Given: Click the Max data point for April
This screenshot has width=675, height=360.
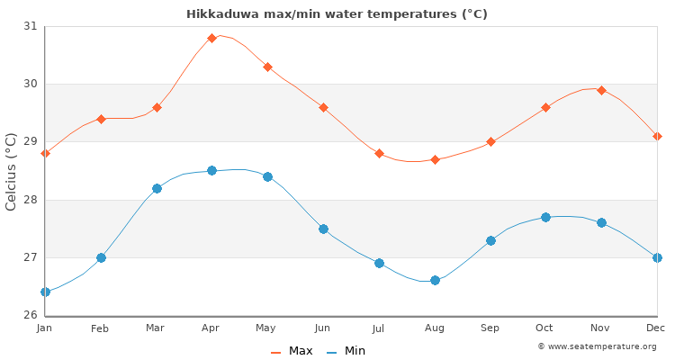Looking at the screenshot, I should point(211,38).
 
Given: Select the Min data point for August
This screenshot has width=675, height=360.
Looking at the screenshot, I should point(435,281).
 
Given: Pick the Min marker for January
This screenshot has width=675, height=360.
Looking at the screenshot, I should point(45,292).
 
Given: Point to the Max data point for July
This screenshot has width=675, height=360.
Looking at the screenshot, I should point(379,153).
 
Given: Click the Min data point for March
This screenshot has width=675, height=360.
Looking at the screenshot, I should point(157,188).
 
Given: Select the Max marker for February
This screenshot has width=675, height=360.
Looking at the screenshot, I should point(101,119).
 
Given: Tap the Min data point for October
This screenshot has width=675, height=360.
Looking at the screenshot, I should point(545,217).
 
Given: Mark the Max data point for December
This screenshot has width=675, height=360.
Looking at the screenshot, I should point(657,136).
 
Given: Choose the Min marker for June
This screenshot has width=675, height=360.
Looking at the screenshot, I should point(323,229).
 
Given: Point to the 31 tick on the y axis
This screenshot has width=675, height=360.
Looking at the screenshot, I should point(31,26).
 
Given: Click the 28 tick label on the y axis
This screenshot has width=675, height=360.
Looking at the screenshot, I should point(31,200).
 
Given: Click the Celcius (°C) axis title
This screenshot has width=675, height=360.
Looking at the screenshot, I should point(12,171).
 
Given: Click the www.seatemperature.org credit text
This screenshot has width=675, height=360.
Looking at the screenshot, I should point(601,346).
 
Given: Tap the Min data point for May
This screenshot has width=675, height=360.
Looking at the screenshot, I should point(267,176).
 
